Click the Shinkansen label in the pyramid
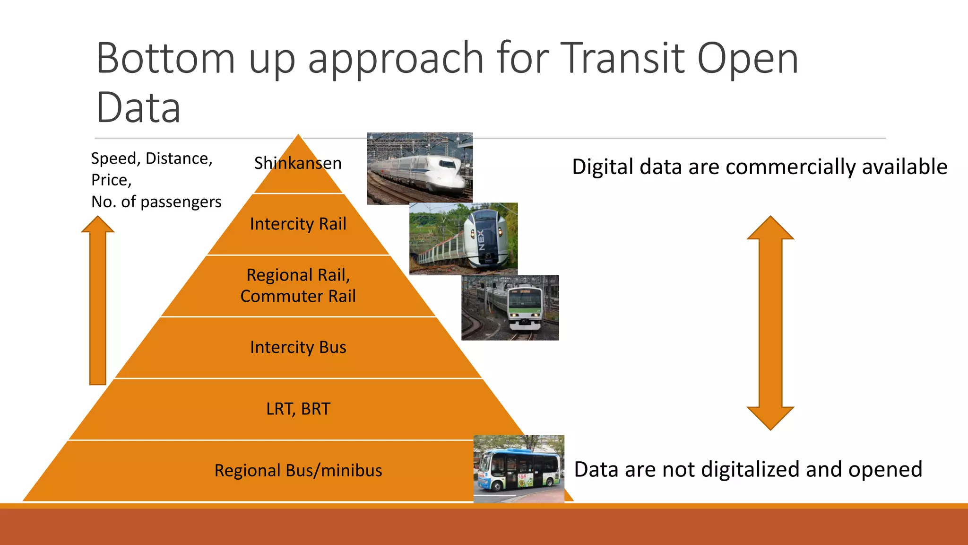(x=298, y=163)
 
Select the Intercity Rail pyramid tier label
(x=298, y=224)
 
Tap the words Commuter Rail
(x=298, y=296)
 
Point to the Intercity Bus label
(x=298, y=347)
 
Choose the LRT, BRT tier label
(x=298, y=409)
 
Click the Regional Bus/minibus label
(x=298, y=471)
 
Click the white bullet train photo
(x=420, y=168)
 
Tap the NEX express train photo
(x=463, y=238)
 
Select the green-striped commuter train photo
(x=510, y=308)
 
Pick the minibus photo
(x=519, y=469)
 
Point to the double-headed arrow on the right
(x=770, y=323)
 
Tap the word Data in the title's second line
(x=138, y=108)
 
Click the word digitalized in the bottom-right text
(x=751, y=470)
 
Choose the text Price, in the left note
(x=111, y=180)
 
